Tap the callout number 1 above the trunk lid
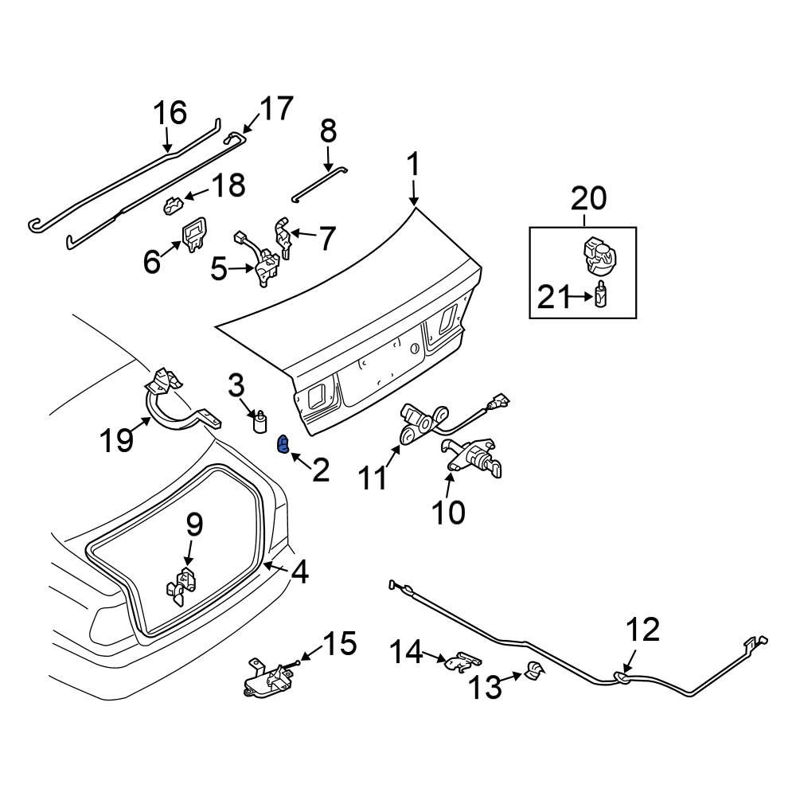click(x=413, y=167)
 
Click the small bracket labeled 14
click(x=462, y=661)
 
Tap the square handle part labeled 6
click(x=193, y=235)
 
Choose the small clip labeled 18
click(x=172, y=206)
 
